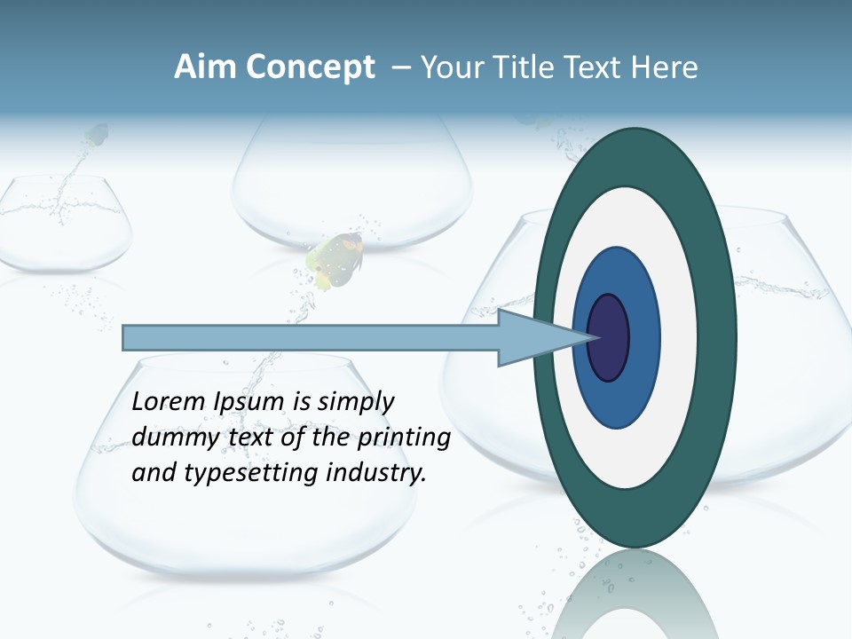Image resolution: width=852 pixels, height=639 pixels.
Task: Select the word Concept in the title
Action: point(310,67)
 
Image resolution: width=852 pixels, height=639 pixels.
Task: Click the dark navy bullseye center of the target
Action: point(610,337)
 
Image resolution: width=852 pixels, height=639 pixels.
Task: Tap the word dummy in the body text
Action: point(166,438)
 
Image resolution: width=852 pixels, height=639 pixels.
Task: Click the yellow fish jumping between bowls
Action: point(335,260)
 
